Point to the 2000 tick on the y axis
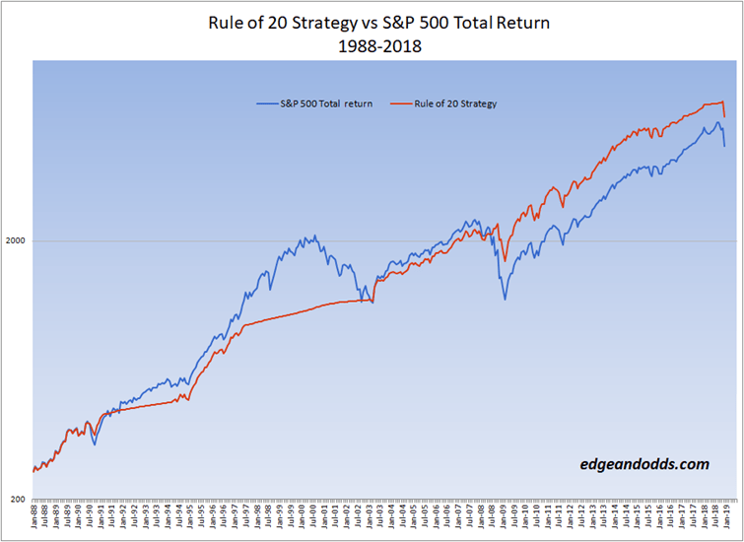coord(17,240)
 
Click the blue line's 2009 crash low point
coord(506,298)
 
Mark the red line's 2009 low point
coord(506,261)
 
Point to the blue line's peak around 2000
coord(314,236)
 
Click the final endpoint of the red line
coord(724,117)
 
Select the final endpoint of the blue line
coord(724,147)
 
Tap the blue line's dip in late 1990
coord(95,444)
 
